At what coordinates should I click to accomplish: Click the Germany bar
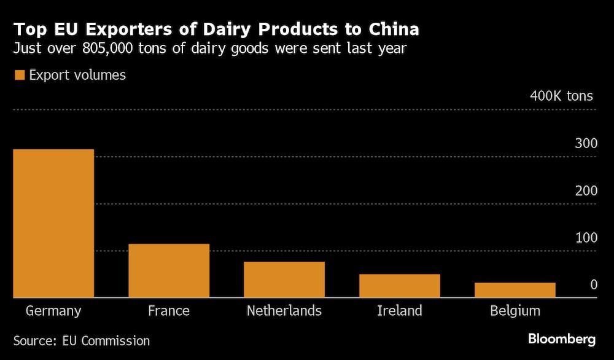[x=53, y=223]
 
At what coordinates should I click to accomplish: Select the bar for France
[x=169, y=270]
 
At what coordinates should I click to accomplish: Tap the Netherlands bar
[x=284, y=280]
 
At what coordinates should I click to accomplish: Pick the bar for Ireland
[x=400, y=286]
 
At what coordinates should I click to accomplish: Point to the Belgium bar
[x=515, y=290]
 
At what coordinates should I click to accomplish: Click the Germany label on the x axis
[x=53, y=311]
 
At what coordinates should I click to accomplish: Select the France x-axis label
[x=169, y=311]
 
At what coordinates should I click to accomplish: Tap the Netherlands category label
[x=284, y=311]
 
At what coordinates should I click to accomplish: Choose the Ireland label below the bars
[x=400, y=311]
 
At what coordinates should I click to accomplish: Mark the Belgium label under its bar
[x=515, y=311]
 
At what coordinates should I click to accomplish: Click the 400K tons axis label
[x=561, y=96]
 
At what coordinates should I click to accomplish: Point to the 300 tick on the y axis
[x=586, y=144]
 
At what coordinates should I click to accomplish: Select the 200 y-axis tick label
[x=586, y=191]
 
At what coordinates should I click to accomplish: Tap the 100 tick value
[x=586, y=238]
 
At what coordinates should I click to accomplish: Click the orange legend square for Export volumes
[x=19, y=76]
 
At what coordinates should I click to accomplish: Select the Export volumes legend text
[x=77, y=76]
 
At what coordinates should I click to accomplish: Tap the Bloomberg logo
[x=562, y=339]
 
